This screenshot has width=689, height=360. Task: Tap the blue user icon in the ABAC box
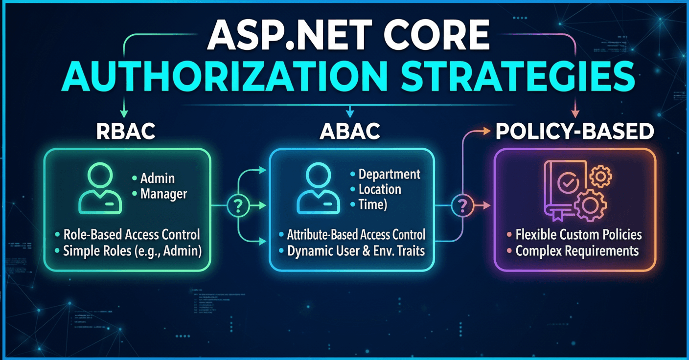click(318, 188)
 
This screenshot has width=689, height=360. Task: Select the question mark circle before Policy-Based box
click(461, 206)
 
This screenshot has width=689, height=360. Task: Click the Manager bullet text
click(163, 194)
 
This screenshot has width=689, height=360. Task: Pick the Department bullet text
click(389, 174)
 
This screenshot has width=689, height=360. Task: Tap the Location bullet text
click(380, 189)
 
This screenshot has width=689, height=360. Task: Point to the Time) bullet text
click(373, 204)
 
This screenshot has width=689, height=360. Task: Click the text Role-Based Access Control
click(132, 235)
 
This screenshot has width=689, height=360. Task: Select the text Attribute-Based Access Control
click(356, 235)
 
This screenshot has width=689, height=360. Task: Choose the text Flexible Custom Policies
click(578, 235)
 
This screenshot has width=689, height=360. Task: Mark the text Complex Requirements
click(577, 251)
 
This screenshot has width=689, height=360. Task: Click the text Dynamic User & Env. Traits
click(356, 251)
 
